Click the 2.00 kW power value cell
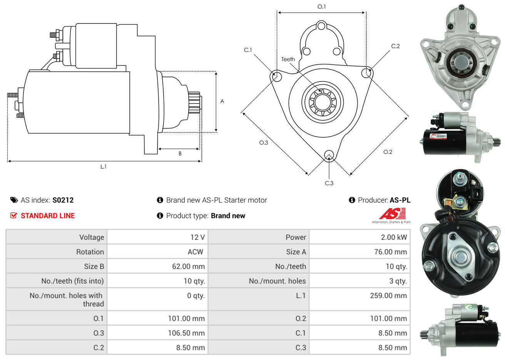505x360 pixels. coord(394,237)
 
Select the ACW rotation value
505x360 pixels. coord(196,252)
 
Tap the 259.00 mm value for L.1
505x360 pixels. coord(388,295)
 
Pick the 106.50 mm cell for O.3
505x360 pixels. coord(186,333)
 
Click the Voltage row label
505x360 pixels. coord(92,237)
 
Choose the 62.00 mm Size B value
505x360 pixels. coord(189,267)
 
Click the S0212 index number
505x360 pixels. coord(63,200)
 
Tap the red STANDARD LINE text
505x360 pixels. coord(48,216)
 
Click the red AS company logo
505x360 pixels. coord(392,213)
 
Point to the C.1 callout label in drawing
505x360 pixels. coord(248,50)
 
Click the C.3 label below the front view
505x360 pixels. coord(329,183)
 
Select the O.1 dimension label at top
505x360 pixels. coord(321,7)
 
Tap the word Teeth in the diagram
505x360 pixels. coord(288,59)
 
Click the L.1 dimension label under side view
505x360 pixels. coord(103,167)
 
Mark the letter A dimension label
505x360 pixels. coord(222,102)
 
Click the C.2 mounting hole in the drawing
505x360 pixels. coord(366,73)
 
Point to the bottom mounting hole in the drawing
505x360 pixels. coord(329,155)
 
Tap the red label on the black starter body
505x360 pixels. coord(438,136)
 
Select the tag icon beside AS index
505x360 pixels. coord(14,200)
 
